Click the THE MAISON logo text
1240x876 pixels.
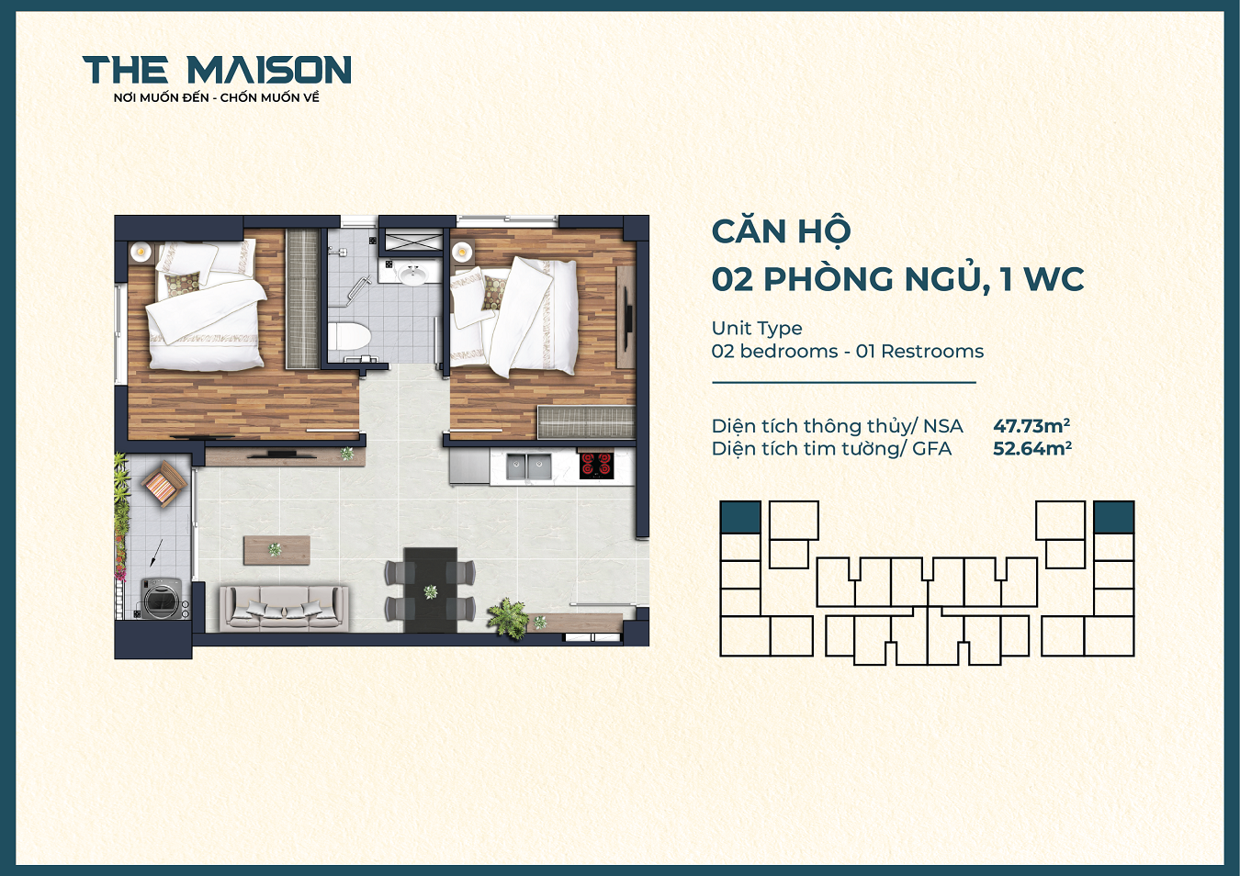217,71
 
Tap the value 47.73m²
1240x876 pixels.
1031,426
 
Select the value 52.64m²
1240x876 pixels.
1031,449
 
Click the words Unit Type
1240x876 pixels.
756,328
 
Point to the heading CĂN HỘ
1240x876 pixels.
781,231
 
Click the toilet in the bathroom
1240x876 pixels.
348,337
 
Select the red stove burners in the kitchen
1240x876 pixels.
596,465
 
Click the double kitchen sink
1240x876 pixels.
528,467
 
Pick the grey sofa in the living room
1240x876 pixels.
283,608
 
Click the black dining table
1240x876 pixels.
430,589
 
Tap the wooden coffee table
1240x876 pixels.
276,550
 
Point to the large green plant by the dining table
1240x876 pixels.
508,616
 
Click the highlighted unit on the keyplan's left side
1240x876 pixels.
740,517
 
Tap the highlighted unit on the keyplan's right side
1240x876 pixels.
1113,517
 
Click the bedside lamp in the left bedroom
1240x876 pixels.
141,251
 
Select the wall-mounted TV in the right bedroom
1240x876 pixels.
628,316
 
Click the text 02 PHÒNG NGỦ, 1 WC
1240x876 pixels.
897,279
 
